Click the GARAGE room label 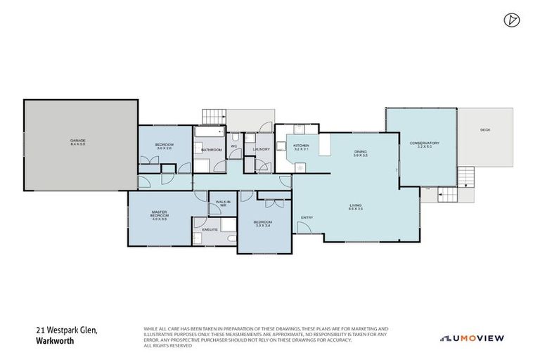tap(77, 141)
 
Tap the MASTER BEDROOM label tap(159, 213)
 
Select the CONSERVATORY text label tap(424, 143)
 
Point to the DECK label tap(484, 129)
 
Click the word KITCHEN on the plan tap(301, 146)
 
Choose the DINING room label tap(360, 152)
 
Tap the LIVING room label tap(356, 205)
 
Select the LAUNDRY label tap(261, 149)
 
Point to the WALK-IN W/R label tap(224, 202)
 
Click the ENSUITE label tap(210, 230)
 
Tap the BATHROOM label tap(212, 150)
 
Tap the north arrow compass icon tap(511, 20)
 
